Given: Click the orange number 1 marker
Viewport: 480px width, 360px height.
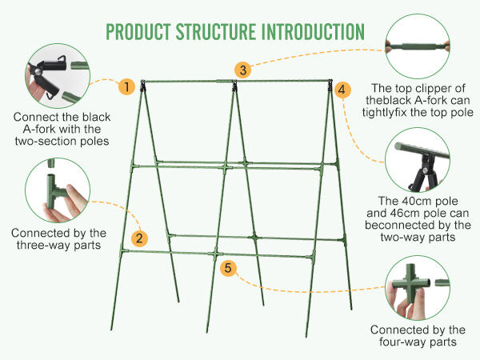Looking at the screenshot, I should coord(126,86).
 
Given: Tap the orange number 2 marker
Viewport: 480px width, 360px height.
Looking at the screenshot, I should coord(139,238).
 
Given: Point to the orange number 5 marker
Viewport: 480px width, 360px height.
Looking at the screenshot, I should coord(229,268).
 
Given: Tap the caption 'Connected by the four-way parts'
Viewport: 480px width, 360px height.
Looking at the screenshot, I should coord(418,336).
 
